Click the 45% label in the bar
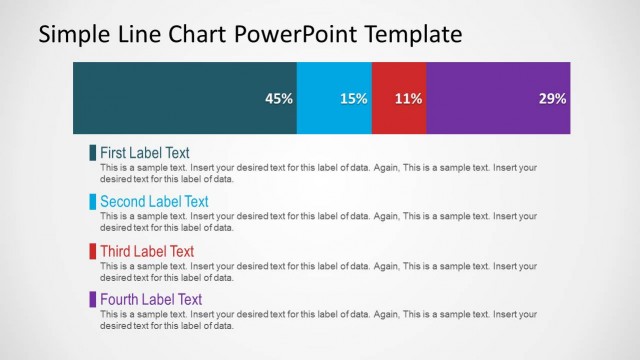coord(278,99)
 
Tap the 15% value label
coord(353,99)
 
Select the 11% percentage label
coord(408,99)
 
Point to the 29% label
coord(552,99)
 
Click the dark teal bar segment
coord(170,98)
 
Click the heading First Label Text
coord(144,153)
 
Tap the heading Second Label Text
coord(154,202)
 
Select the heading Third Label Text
coord(147,251)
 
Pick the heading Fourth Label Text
coord(151,299)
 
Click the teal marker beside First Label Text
coord(93,153)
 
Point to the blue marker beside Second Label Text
coord(93,202)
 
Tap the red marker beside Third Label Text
coord(93,251)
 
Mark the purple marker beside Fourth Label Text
coord(93,299)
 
